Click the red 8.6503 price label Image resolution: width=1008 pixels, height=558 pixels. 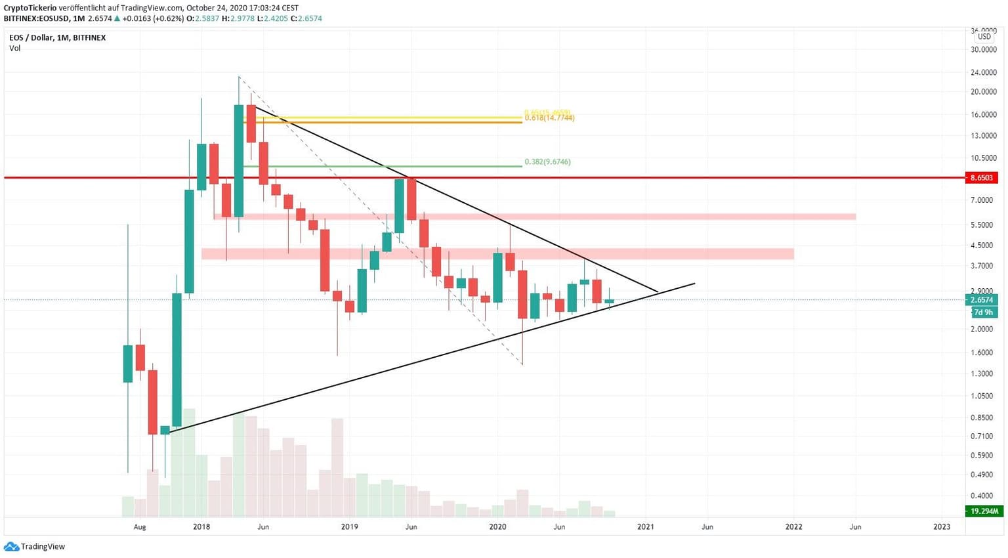(982, 178)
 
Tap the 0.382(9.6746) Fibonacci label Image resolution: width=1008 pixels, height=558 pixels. (547, 161)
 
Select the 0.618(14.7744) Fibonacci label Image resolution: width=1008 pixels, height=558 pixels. (549, 118)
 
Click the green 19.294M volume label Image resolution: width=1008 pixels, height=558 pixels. (984, 511)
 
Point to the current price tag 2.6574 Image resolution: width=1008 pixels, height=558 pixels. (982, 300)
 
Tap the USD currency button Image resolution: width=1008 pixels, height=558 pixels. (984, 37)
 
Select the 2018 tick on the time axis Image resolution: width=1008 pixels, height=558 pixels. (201, 526)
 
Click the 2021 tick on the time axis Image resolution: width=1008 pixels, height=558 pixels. (646, 526)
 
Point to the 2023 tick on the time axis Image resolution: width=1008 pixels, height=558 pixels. (942, 526)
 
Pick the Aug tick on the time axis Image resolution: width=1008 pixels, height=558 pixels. (140, 526)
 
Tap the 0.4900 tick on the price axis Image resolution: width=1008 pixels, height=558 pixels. (982, 475)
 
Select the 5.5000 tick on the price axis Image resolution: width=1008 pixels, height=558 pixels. (982, 225)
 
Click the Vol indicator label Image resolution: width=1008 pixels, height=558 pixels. (14, 49)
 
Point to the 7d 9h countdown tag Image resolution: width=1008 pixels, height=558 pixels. (982, 312)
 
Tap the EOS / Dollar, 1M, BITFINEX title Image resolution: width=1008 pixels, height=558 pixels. (57, 38)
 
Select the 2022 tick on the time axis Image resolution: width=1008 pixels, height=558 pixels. (793, 526)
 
